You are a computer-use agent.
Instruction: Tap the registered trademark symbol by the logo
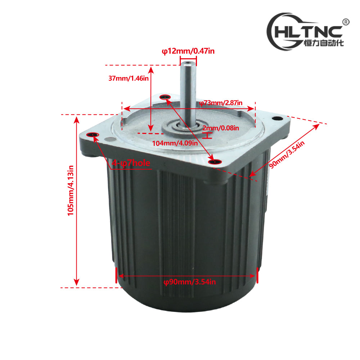(x=346, y=22)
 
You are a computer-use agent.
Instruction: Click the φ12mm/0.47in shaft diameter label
(x=188, y=51)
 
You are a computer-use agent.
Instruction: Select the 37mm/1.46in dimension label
(x=129, y=78)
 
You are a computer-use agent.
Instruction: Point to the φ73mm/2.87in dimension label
(x=221, y=103)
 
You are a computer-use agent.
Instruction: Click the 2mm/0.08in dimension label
(x=220, y=128)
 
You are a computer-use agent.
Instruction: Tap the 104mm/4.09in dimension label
(x=175, y=143)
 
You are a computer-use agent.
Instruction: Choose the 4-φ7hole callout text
(x=131, y=163)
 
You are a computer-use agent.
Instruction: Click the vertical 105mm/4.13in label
(x=71, y=190)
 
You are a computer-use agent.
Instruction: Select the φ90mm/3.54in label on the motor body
(x=190, y=282)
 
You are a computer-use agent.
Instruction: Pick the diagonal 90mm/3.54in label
(x=287, y=154)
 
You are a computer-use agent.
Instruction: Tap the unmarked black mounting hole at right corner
(x=277, y=118)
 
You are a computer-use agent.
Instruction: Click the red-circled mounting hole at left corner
(x=93, y=135)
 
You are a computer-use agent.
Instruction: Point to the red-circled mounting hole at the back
(x=165, y=96)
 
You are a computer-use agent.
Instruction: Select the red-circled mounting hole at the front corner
(x=215, y=162)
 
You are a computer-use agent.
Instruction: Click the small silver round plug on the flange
(x=109, y=139)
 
